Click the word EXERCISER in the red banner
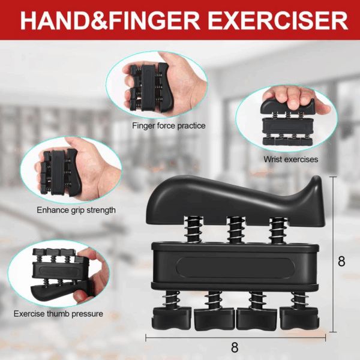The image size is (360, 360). point(278,20)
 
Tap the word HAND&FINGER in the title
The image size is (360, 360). point(110,20)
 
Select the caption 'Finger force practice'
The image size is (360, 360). point(169,126)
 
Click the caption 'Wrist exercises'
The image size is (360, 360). point(290,159)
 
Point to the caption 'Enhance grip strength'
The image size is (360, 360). point(76,210)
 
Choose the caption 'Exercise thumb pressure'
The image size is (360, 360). point(58,314)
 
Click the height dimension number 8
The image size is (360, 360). point(341,261)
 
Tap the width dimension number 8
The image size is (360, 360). point(235,347)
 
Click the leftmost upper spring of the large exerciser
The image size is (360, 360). point(194,230)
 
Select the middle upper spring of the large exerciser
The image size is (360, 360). point(236,230)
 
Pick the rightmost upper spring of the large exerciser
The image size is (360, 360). point(278,230)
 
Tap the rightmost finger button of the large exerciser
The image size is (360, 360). point(299,318)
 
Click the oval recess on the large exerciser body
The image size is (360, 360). point(236,268)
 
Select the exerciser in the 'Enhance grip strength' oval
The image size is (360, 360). point(60,173)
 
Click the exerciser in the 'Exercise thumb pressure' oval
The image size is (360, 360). point(60,274)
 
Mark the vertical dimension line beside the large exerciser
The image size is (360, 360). point(333,254)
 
